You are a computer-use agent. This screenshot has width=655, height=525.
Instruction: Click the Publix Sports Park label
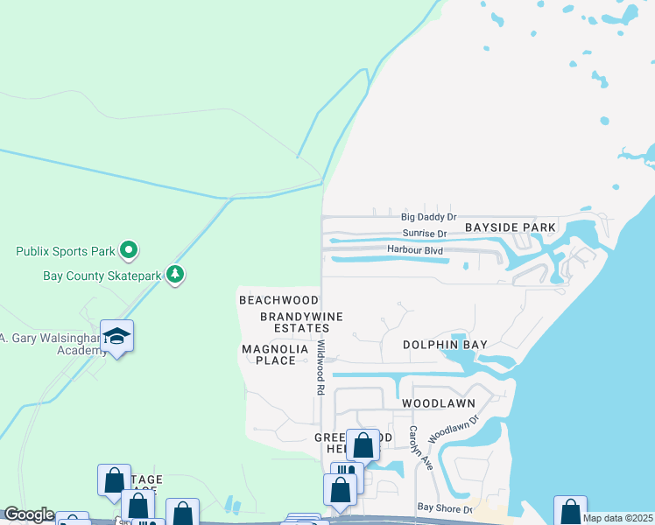pyautogui.click(x=66, y=252)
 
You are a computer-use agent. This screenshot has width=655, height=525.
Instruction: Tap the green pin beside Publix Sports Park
pyautogui.click(x=129, y=251)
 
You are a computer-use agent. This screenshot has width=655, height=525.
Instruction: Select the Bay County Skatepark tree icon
pyautogui.click(x=176, y=275)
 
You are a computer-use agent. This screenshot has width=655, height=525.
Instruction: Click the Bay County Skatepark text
pyautogui.click(x=102, y=276)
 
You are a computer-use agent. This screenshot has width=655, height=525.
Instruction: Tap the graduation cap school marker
pyautogui.click(x=116, y=337)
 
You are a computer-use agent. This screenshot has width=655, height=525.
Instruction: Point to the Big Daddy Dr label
pyautogui.click(x=429, y=216)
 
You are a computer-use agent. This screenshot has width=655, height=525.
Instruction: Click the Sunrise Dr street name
pyautogui.click(x=425, y=234)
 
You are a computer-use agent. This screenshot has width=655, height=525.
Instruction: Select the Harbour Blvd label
pyautogui.click(x=415, y=250)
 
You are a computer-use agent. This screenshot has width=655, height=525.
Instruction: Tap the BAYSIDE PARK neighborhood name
pyautogui.click(x=511, y=227)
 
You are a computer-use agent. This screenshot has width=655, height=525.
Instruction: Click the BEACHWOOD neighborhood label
pyautogui.click(x=278, y=300)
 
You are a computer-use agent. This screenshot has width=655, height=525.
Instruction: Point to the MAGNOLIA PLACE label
pyautogui.click(x=275, y=354)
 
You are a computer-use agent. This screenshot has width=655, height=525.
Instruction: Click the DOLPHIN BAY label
pyautogui.click(x=445, y=345)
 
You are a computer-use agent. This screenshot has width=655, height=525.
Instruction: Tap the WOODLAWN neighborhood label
pyautogui.click(x=439, y=404)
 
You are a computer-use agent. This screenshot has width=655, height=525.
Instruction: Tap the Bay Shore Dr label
pyautogui.click(x=445, y=507)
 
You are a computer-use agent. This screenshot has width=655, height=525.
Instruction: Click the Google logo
pyautogui.click(x=29, y=515)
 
